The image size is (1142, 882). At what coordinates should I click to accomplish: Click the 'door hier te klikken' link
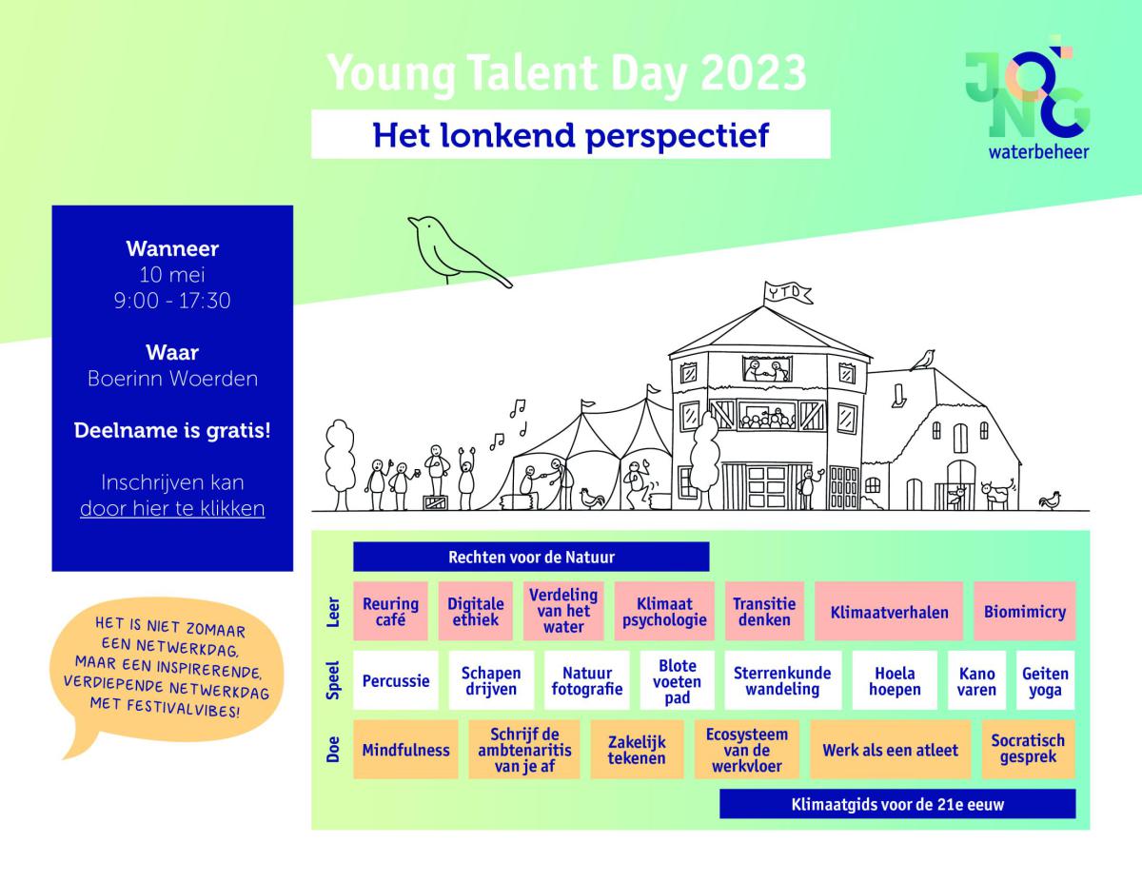[172, 508]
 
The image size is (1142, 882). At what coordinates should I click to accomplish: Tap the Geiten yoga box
[1045, 680]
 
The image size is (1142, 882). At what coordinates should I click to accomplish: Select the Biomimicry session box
[1025, 611]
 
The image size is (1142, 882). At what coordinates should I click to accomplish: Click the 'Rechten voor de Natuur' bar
[531, 557]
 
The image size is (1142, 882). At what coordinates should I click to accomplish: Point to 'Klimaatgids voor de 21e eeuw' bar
[897, 804]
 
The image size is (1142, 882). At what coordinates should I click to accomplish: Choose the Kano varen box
[976, 680]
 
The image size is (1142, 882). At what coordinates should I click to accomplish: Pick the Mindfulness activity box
[405, 750]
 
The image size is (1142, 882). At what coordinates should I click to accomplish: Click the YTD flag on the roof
[787, 293]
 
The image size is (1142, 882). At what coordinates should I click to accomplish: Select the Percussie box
[396, 680]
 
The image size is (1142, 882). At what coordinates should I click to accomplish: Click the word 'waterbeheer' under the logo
[1038, 152]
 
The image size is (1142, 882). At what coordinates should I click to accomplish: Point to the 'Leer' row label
[333, 612]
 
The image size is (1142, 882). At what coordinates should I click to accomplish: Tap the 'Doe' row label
[333, 749]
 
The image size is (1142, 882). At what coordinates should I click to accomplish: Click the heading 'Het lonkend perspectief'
[571, 135]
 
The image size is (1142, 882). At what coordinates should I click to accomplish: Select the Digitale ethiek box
[475, 611]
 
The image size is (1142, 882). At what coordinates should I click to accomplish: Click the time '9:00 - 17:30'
[172, 301]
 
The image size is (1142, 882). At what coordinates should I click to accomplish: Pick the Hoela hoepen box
[895, 680]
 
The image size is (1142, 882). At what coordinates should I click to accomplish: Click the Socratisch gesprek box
[1028, 750]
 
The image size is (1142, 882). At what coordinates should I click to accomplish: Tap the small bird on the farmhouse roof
[923, 360]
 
